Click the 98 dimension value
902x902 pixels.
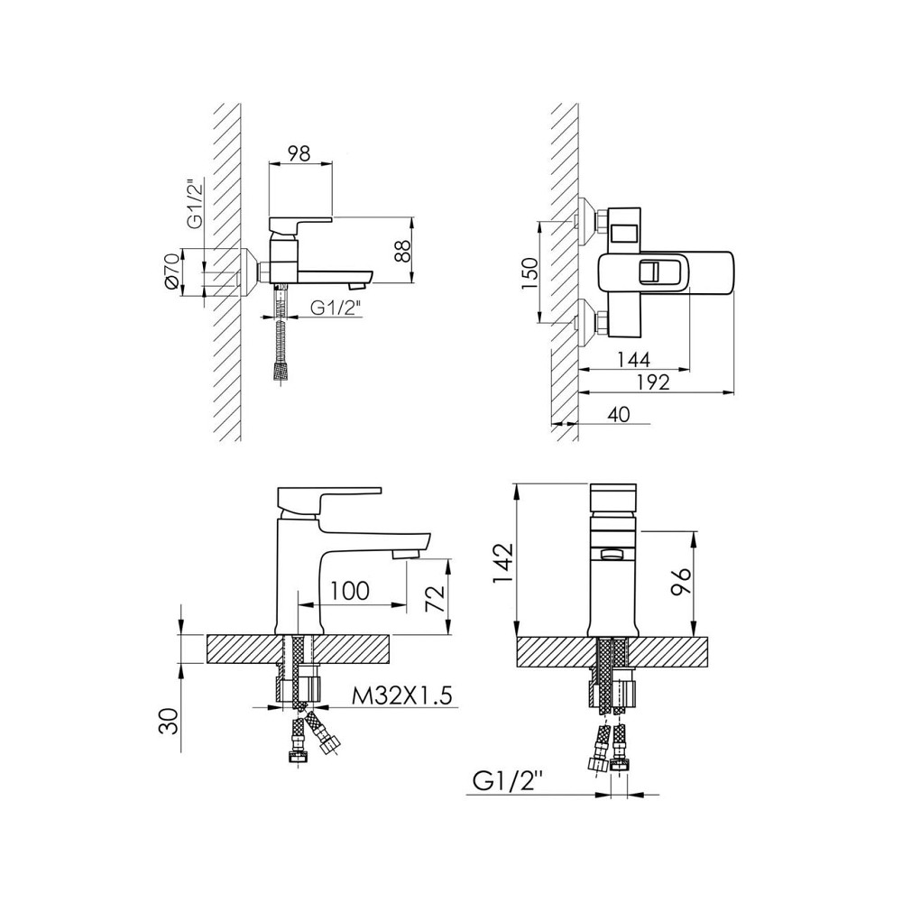pyautogui.click(x=299, y=153)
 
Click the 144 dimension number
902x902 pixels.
pyautogui.click(x=633, y=360)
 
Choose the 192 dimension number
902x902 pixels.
pyautogui.click(x=653, y=382)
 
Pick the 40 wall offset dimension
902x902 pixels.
pyautogui.click(x=619, y=414)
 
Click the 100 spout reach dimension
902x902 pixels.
pyautogui.click(x=350, y=590)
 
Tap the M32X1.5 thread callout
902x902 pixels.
pyautogui.click(x=402, y=695)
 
